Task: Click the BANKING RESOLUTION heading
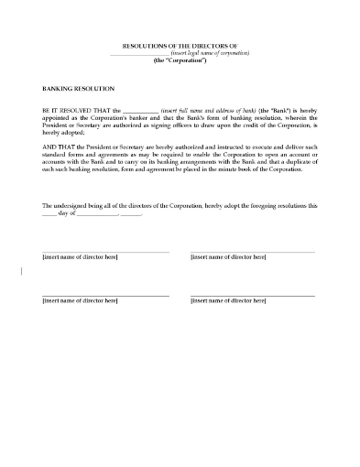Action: [79, 89]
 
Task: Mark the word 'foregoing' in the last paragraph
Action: [255, 205]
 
